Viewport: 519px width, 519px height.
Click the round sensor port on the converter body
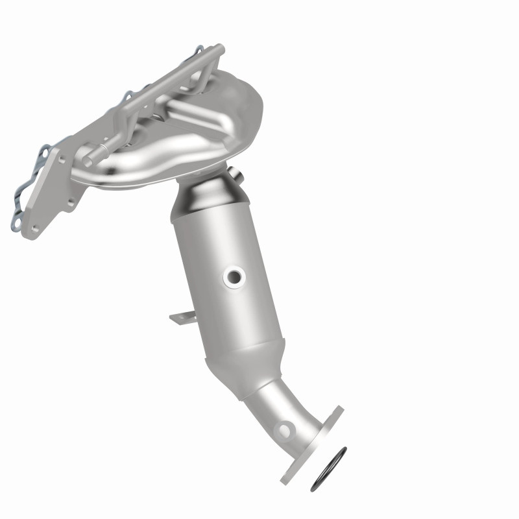click(233, 278)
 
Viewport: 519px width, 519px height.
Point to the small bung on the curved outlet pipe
click(283, 429)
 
